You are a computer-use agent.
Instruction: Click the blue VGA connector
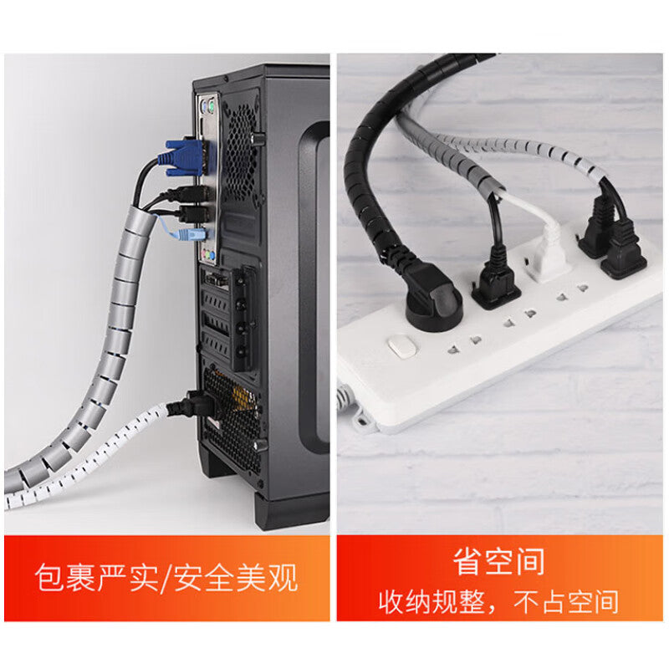(x=184, y=158)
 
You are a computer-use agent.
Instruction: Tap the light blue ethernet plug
(x=191, y=235)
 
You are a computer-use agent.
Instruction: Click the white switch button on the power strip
(x=401, y=346)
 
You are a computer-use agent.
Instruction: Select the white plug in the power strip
(x=549, y=254)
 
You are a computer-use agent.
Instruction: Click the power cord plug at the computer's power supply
(x=197, y=405)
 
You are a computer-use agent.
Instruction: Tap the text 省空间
(x=498, y=562)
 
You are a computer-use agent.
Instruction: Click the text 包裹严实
(x=96, y=578)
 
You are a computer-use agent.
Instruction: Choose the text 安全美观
(x=236, y=578)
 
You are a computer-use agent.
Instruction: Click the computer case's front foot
(x=291, y=511)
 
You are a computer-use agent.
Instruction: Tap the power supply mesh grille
(x=232, y=421)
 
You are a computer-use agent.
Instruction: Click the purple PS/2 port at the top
(x=203, y=105)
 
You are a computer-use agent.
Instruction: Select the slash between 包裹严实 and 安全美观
(x=166, y=579)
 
